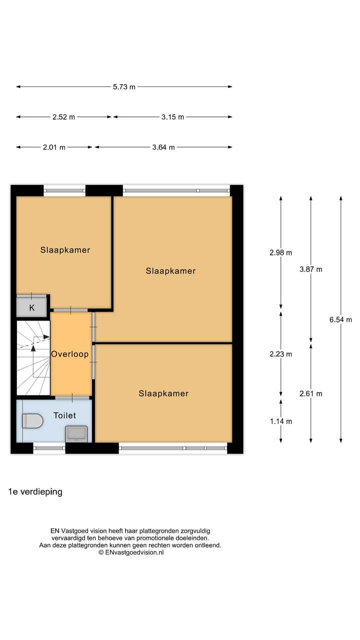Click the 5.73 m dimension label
[x=124, y=87]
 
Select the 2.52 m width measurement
[x=63, y=117]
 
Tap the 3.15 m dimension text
[x=172, y=117]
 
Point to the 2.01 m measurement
[x=54, y=147]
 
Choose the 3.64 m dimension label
[x=163, y=147]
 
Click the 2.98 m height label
[x=280, y=252]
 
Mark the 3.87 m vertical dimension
[x=310, y=269]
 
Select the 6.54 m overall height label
[x=340, y=320]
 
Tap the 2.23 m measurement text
[x=280, y=354]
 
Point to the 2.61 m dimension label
[x=310, y=393]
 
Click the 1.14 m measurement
[x=280, y=421]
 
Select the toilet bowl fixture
[x=33, y=421]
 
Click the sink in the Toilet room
[x=76, y=433]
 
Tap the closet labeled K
[x=32, y=307]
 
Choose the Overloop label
[x=70, y=354]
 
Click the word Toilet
[x=64, y=415]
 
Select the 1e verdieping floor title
[x=35, y=491]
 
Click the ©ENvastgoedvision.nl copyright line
[x=131, y=552]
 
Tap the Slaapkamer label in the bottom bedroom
[x=163, y=393]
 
